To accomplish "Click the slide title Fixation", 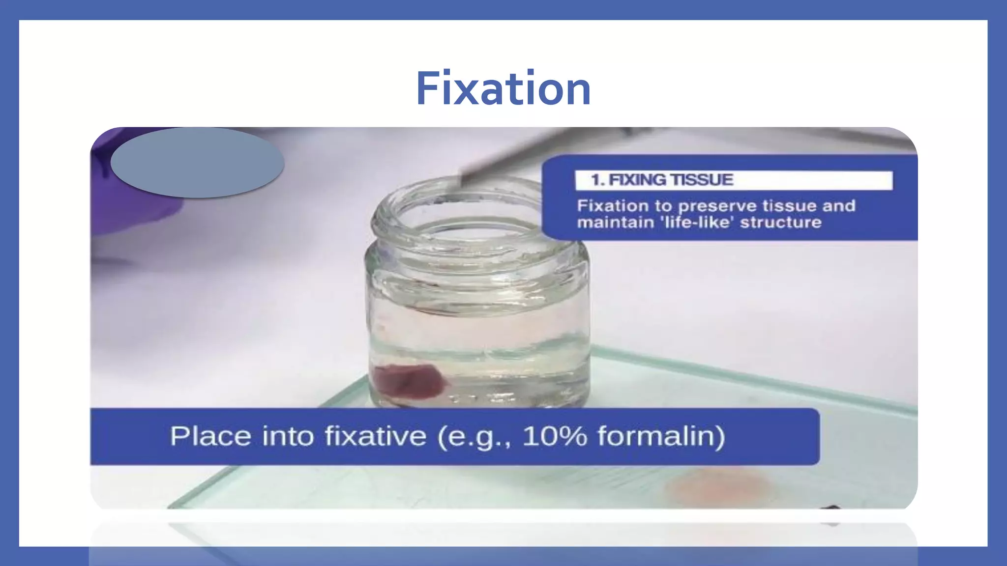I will [x=503, y=88].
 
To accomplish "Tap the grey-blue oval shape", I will [x=197, y=163].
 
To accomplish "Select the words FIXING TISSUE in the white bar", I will [x=671, y=180].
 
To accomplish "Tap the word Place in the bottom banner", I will [x=210, y=436].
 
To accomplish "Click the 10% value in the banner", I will [x=555, y=436].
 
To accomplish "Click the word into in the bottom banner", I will [x=288, y=436].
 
